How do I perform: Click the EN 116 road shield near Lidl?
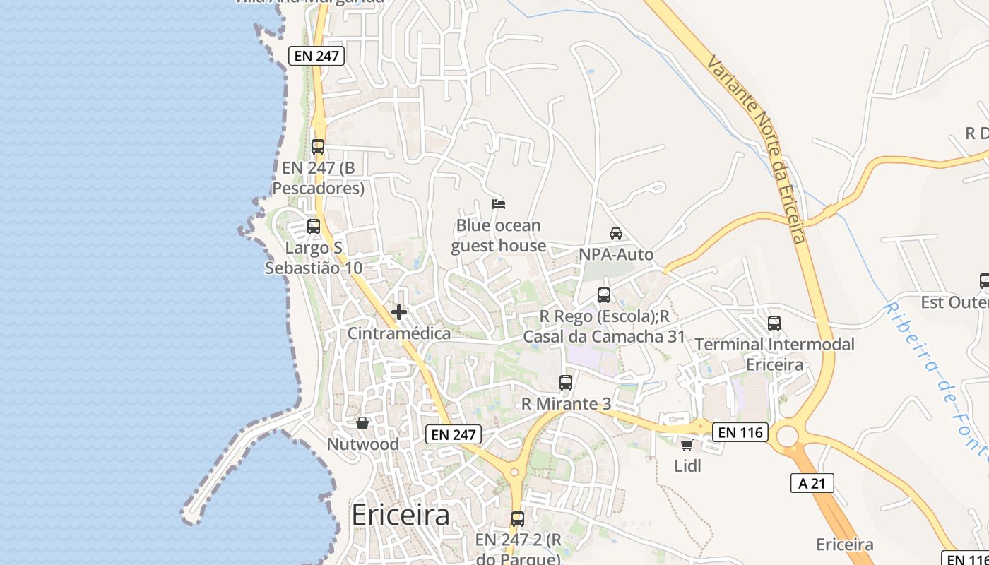(740, 432)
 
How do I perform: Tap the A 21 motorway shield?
(812, 483)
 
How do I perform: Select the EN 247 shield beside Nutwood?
(453, 434)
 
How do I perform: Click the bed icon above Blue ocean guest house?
(499, 204)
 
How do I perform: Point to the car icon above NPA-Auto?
(616, 233)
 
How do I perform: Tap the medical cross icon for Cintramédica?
(399, 311)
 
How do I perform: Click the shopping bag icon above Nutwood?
(362, 423)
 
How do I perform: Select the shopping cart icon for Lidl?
(687, 445)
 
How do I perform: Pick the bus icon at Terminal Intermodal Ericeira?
(774, 323)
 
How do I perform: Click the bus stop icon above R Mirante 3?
(566, 383)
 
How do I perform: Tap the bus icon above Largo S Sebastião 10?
(314, 227)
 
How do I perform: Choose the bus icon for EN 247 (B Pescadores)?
(318, 147)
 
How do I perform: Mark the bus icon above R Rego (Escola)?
(604, 295)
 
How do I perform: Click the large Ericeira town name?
(400, 515)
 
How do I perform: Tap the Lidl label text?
(687, 466)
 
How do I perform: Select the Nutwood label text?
(362, 444)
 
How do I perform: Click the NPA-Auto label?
(616, 254)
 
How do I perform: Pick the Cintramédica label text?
(399, 333)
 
